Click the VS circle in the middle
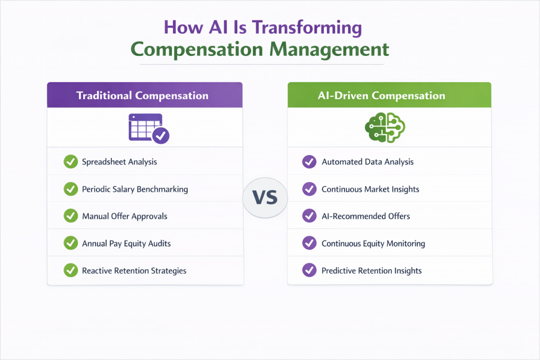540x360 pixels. pyautogui.click(x=265, y=198)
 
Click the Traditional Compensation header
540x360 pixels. pyautogui.click(x=142, y=95)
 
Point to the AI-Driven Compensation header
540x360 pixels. pyautogui.click(x=389, y=95)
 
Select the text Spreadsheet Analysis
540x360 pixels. pyautogui.click(x=119, y=162)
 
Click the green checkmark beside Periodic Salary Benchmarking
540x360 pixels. pyautogui.click(x=70, y=189)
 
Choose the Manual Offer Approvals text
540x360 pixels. pyautogui.click(x=124, y=216)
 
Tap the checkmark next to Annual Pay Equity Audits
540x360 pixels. pyautogui.click(x=70, y=243)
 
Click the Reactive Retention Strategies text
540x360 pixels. pyautogui.click(x=134, y=270)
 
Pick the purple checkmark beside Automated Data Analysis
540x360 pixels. pyautogui.click(x=308, y=162)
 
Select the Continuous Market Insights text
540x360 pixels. pyautogui.click(x=370, y=189)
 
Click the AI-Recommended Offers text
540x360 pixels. pyautogui.click(x=365, y=216)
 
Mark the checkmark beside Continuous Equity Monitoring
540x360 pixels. pyautogui.click(x=308, y=243)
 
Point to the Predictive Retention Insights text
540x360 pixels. pyautogui.click(x=371, y=270)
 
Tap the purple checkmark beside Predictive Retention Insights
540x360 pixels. pyautogui.click(x=308, y=270)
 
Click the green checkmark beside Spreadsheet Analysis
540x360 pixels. pyautogui.click(x=70, y=162)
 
